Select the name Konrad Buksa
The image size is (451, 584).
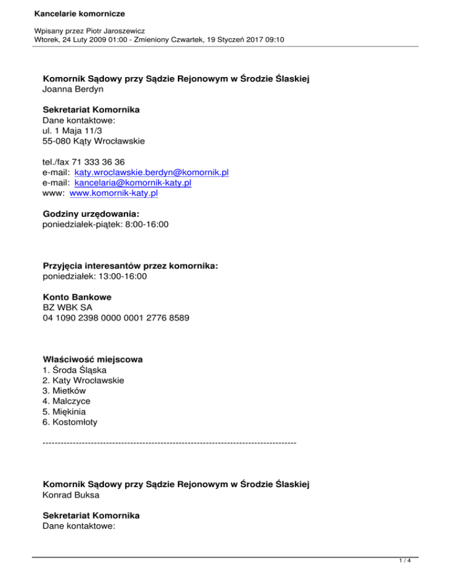[x=70, y=495]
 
